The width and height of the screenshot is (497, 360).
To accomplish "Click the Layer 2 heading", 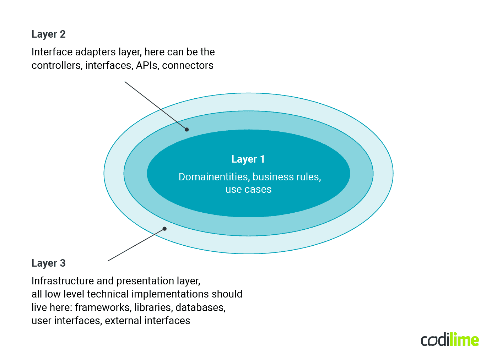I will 48,34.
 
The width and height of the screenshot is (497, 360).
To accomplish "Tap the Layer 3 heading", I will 48,263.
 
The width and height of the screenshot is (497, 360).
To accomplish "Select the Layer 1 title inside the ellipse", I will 248,159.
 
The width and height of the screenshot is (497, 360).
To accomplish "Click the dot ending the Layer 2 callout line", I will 187,129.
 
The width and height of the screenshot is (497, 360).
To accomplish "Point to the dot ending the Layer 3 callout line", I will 164,229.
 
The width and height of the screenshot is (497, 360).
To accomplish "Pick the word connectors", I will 188,66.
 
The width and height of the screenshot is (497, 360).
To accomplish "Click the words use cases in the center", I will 248,190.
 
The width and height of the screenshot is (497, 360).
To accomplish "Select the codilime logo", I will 449,340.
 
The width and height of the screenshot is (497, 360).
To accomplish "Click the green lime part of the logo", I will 464,340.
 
